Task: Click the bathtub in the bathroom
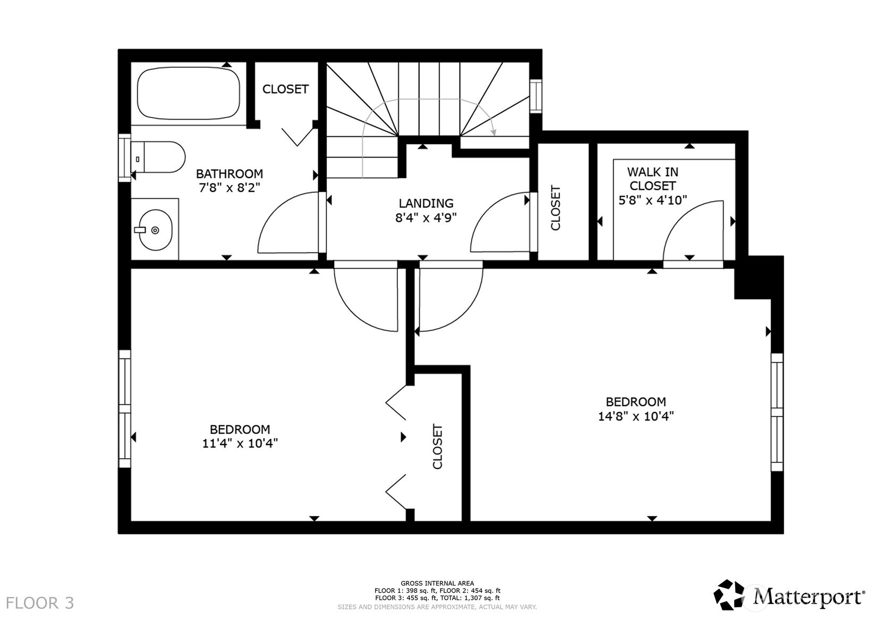tap(189, 95)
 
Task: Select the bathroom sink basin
tap(155, 230)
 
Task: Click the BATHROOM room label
tap(229, 174)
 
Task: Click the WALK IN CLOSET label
tap(652, 179)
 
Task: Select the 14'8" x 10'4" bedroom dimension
tap(635, 416)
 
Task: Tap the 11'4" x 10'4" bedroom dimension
tap(240, 444)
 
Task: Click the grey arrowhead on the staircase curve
tap(494, 131)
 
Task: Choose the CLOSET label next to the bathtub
tap(285, 89)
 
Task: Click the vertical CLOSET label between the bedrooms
tap(437, 447)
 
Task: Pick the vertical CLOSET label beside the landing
tap(556, 207)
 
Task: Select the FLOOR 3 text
tap(40, 603)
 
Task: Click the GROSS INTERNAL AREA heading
tap(437, 583)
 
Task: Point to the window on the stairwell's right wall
tap(536, 96)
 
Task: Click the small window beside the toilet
tap(124, 158)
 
